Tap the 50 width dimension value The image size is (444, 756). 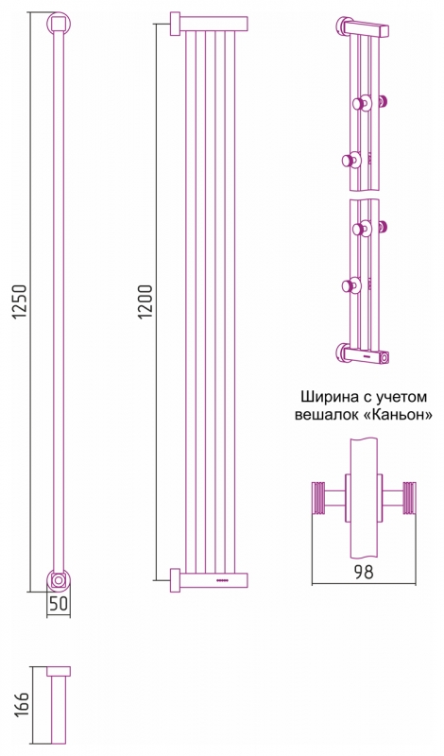[58, 605]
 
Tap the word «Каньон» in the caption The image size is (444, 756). [401, 414]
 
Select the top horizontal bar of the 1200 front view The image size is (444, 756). [213, 24]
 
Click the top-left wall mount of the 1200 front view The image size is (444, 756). [175, 24]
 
